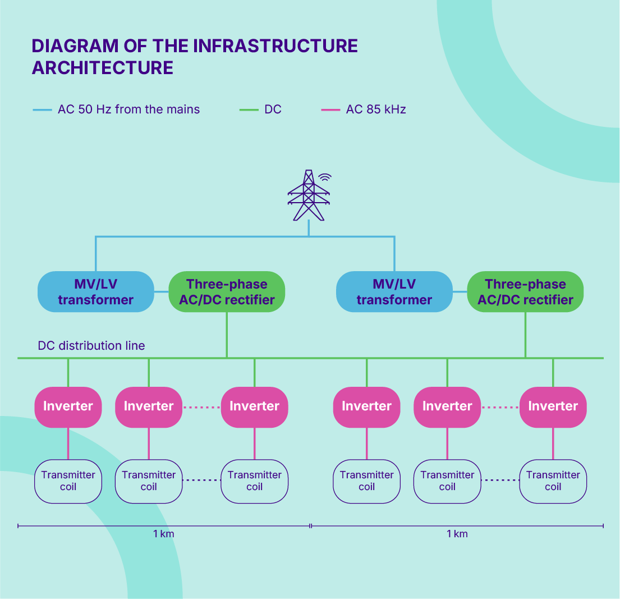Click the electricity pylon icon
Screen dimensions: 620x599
(x=309, y=195)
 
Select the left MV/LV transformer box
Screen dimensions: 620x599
(x=96, y=291)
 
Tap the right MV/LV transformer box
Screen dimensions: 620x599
(x=394, y=291)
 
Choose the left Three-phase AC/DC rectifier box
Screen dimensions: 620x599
(x=227, y=291)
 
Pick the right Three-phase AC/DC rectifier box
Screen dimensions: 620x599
(x=526, y=291)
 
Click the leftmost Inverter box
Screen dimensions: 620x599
(x=68, y=407)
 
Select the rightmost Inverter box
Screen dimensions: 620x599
(x=553, y=407)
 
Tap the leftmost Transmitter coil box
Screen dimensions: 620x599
(x=68, y=481)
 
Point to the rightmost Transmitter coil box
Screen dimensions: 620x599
(x=553, y=481)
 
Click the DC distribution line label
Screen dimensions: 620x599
(x=91, y=345)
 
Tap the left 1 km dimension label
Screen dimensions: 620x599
(x=164, y=534)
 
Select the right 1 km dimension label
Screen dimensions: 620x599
(x=457, y=534)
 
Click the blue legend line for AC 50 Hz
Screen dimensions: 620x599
(x=42, y=109)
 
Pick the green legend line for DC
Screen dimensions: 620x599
(x=249, y=109)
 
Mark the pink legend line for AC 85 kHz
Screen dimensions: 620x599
(x=330, y=109)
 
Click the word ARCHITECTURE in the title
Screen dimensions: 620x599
(x=103, y=68)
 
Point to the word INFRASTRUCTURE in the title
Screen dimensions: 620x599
(x=275, y=46)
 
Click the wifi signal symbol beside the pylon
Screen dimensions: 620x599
(x=325, y=177)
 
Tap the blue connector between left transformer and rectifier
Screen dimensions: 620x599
(x=162, y=291)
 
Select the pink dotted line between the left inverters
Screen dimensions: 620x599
(x=201, y=407)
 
